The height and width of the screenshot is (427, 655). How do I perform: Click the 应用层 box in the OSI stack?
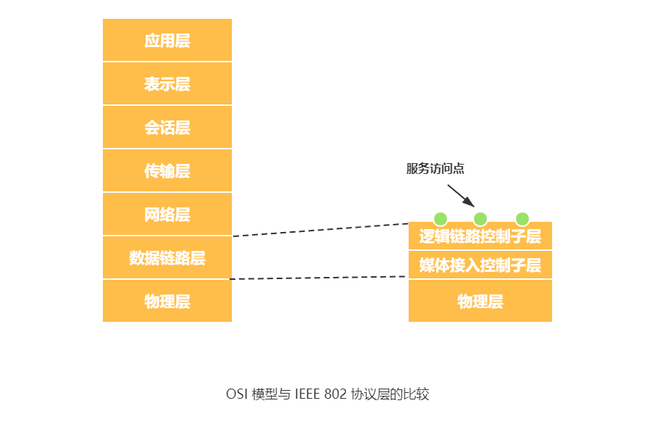tap(167, 41)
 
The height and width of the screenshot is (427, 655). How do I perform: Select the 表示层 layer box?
tap(167, 84)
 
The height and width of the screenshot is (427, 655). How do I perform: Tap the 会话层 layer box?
tap(167, 128)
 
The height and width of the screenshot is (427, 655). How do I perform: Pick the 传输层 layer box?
tap(167, 171)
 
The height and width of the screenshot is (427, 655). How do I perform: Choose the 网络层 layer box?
tap(167, 215)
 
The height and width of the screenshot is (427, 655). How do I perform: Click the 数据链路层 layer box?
tap(167, 258)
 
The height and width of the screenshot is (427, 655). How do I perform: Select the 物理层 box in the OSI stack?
tap(167, 301)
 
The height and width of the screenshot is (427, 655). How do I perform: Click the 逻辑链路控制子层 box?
tap(480, 237)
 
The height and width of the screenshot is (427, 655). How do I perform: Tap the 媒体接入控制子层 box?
tap(480, 265)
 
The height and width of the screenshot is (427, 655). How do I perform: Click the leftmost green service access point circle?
tap(440, 219)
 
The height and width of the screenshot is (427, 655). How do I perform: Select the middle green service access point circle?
tap(480, 219)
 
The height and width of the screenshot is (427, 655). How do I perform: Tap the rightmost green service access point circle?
tap(522, 219)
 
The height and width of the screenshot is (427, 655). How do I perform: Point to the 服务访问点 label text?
tap(435, 169)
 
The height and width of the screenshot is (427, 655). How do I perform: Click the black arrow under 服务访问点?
tap(460, 194)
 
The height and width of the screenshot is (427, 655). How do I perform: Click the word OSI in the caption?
tap(235, 395)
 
